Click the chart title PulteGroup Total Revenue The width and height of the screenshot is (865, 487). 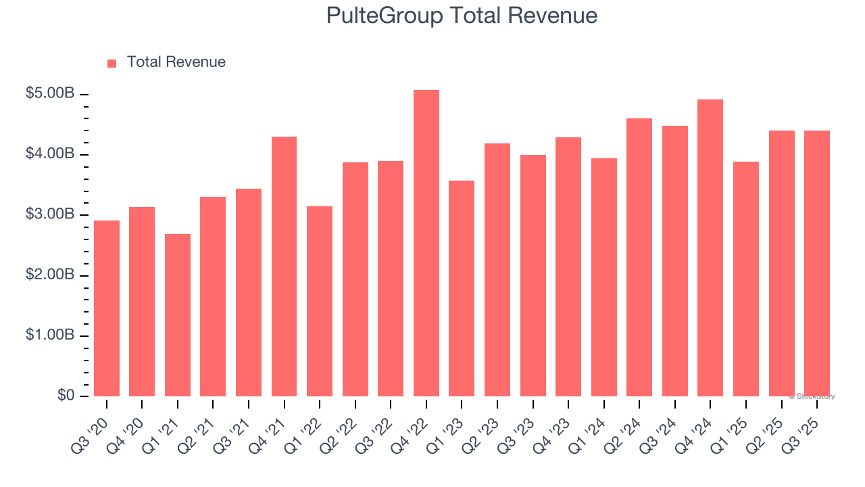click(462, 16)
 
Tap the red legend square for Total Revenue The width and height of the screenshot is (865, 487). click(112, 63)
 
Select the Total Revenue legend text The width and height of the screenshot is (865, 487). click(176, 62)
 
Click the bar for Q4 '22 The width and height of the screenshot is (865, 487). click(426, 243)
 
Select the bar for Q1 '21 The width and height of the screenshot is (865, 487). click(178, 315)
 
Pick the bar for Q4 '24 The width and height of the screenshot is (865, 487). click(710, 248)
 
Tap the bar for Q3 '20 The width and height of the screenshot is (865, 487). click(107, 308)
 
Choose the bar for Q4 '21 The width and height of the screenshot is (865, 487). click(284, 266)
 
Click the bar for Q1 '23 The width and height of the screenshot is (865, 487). click(462, 288)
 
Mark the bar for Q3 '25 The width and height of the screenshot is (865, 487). click(817, 264)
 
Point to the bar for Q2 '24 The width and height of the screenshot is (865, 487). click(639, 257)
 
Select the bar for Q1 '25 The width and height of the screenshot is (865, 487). click(746, 279)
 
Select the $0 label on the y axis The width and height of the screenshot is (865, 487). click(66, 396)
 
